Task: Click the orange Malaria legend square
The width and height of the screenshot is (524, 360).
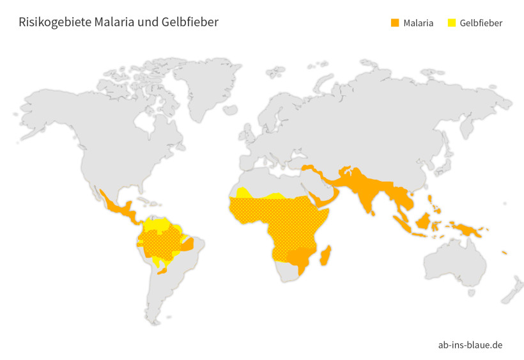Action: pyautogui.click(x=395, y=23)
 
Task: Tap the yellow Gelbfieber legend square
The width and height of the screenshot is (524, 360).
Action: pyautogui.click(x=452, y=23)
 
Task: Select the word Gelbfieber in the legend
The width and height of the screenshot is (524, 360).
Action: pyautogui.click(x=481, y=23)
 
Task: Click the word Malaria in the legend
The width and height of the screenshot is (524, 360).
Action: pyautogui.click(x=419, y=23)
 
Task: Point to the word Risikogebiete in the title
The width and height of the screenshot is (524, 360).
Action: pyautogui.click(x=54, y=22)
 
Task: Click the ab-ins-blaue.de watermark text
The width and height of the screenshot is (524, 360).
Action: pyautogui.click(x=470, y=345)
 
